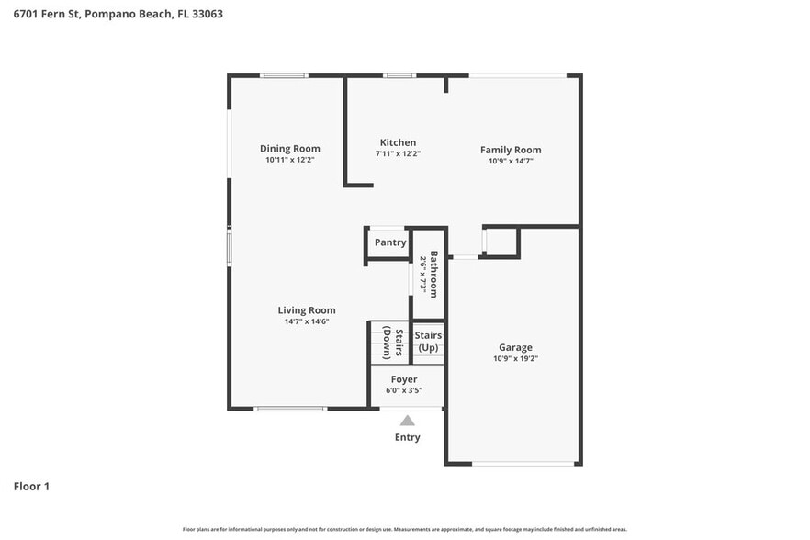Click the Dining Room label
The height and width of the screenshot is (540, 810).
point(289,149)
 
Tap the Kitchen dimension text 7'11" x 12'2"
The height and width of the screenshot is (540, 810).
point(398,154)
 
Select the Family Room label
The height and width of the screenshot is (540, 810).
point(511,150)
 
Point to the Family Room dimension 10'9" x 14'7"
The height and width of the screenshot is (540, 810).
point(511,161)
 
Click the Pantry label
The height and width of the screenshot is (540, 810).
point(389,242)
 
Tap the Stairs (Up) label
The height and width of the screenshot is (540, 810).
point(428,342)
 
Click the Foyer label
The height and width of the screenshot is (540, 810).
point(404,379)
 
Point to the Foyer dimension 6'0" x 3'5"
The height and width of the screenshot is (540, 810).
point(404,390)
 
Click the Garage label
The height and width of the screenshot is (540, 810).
point(515,347)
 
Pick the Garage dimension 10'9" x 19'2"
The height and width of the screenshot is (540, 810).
point(515,359)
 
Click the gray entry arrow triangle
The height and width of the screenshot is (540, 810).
point(407,420)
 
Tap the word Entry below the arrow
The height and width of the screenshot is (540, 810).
point(407,437)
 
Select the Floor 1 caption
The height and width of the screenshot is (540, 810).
point(31,486)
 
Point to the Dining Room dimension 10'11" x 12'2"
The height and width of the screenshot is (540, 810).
point(289,160)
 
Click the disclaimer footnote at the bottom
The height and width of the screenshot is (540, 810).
point(405,530)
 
